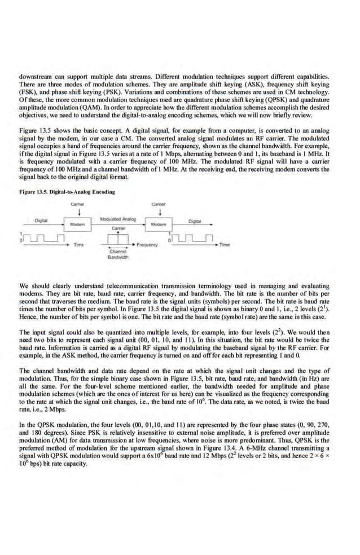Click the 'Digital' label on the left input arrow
point(41,221)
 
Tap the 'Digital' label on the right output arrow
point(194,222)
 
